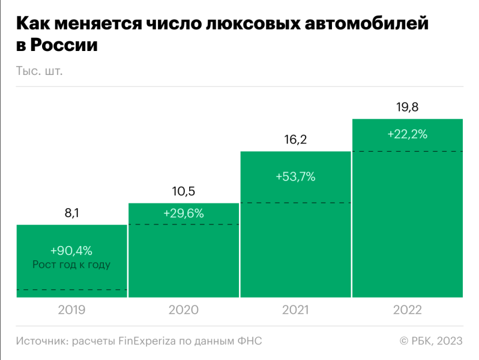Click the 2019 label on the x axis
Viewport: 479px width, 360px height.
pos(71,310)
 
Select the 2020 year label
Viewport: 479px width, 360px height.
pos(184,310)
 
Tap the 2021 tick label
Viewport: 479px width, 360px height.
pos(295,310)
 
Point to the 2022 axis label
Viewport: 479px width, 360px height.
pos(408,310)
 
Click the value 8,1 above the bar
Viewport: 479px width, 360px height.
pos(71,213)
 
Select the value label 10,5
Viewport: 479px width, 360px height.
pos(184,192)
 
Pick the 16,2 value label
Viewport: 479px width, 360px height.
pos(295,140)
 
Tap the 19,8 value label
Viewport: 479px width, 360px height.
pos(408,107)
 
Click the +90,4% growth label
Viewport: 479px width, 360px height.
pos(71,251)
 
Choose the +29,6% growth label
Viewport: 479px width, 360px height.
pos(184,213)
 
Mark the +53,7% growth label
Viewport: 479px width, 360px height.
pos(295,177)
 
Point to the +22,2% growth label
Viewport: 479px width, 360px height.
pos(408,134)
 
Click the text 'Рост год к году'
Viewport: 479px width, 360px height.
pos(71,264)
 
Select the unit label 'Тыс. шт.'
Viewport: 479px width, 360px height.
pos(40,71)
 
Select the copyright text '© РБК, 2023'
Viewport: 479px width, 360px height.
pos(431,341)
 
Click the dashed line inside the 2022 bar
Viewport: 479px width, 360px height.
pos(408,151)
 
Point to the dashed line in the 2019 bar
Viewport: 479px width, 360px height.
pos(71,290)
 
